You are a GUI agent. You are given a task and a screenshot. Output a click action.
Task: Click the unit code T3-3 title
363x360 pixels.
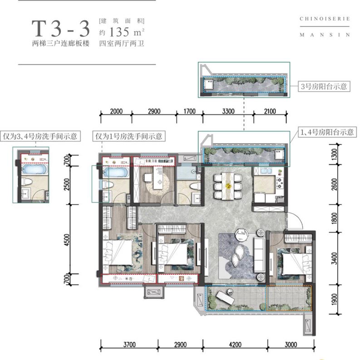point(61,29)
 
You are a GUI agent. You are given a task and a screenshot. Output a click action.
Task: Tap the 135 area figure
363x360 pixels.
point(119,32)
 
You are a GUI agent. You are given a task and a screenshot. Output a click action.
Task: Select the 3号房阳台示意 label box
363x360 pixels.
point(324,86)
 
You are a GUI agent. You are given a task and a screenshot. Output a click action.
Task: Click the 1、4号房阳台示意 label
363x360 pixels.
point(327,132)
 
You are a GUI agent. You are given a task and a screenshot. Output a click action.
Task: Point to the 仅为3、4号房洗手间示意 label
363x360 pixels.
point(40,136)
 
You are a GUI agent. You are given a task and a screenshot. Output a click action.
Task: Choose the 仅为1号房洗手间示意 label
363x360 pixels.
point(129,136)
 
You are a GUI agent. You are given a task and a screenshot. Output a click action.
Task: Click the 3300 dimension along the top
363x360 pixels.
point(228,111)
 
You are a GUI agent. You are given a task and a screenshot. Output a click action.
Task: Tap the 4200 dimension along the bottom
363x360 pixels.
point(235,345)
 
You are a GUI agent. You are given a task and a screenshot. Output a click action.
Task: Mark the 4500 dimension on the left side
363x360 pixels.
point(67,240)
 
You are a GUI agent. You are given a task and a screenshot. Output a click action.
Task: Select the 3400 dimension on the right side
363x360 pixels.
point(334,258)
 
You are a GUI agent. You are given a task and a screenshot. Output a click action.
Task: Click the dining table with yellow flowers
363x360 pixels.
point(228,186)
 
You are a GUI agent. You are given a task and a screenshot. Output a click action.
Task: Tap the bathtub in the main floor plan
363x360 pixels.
point(116,173)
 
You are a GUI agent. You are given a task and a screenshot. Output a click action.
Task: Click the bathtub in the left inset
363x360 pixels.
point(34,169)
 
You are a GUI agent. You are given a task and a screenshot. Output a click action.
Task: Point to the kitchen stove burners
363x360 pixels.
point(280,183)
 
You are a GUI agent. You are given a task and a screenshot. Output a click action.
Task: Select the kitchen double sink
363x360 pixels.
point(266,171)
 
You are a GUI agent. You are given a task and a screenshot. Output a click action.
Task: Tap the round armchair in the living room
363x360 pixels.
point(242,235)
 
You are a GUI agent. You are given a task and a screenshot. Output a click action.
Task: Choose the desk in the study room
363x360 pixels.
point(159,178)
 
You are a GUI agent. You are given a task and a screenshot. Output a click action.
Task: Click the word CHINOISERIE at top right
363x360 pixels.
point(324,19)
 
